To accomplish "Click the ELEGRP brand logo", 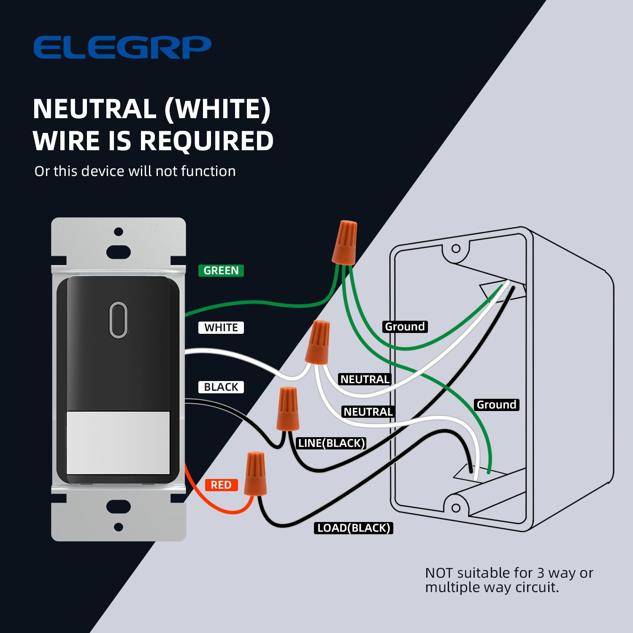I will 122,47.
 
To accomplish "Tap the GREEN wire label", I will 221,271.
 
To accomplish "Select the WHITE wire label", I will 221,327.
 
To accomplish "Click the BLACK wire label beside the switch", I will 221,387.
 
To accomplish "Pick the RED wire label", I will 221,485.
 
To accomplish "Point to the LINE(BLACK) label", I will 331,443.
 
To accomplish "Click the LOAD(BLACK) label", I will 354,528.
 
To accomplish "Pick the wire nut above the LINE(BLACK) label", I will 288,409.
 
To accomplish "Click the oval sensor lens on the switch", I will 119,319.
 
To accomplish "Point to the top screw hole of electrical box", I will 456,249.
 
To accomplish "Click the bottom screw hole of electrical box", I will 456,508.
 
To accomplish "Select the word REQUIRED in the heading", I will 206,141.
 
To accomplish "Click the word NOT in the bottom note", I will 439,573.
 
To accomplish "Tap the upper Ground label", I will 405,327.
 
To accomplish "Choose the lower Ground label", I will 496,405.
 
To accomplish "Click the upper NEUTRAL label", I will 365,379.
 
